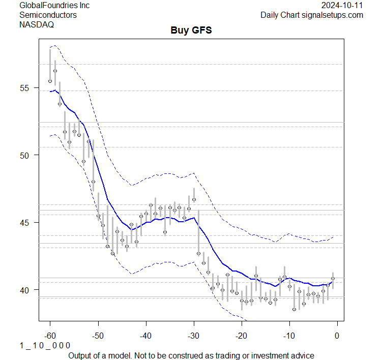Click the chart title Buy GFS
point(191,31)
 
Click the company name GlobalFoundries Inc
point(54,6)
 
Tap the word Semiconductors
point(48,15)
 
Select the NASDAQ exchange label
point(36,24)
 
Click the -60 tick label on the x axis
point(50,336)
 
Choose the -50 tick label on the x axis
point(98,336)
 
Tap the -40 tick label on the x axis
point(145,336)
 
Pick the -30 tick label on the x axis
point(193,336)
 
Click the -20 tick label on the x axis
point(241,336)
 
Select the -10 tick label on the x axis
point(289,336)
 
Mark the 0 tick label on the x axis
point(337,336)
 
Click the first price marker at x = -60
point(50,81)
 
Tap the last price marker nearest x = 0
point(333,279)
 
